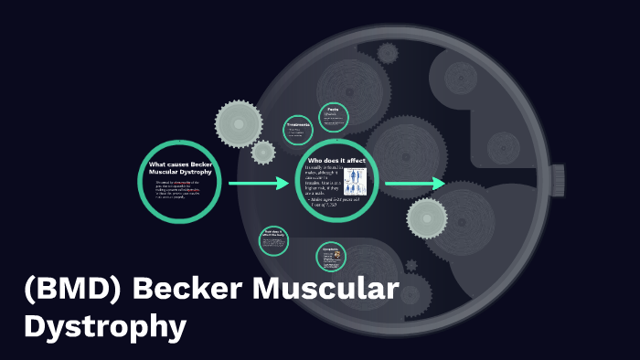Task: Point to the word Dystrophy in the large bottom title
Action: pos(105,327)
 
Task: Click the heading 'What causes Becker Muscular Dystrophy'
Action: pos(179,167)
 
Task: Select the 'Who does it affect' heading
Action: pos(336,160)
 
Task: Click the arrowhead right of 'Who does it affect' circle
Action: pos(439,184)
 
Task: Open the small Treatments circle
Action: pos(299,131)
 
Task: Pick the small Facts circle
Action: pos(334,116)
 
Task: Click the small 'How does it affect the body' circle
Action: pos(274,240)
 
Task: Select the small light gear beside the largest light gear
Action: pos(263,152)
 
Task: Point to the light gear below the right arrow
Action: pos(426,217)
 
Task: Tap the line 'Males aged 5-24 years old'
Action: pos(334,200)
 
